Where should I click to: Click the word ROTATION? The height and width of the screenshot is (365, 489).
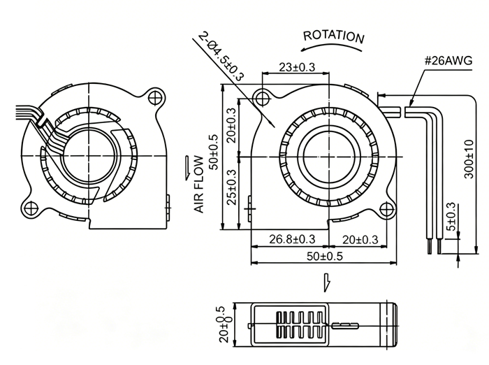334,36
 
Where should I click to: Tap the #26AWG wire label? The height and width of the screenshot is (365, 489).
448,60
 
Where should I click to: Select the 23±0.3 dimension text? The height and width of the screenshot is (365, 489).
297,67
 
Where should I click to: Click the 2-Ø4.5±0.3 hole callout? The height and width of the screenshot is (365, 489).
221,56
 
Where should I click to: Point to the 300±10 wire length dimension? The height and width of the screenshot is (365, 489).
469,159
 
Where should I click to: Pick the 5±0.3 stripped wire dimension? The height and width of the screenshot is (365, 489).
451,217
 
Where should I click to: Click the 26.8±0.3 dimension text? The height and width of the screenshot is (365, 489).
292,239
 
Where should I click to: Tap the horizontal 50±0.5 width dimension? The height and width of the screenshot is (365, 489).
325,257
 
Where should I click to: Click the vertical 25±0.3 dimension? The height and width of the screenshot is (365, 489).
232,187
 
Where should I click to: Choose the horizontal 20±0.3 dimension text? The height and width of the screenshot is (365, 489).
360,239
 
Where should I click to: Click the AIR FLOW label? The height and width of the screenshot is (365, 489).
198,185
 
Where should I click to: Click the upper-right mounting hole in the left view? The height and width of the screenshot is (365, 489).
155,98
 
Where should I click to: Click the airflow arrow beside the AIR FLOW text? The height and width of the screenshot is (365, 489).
187,168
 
